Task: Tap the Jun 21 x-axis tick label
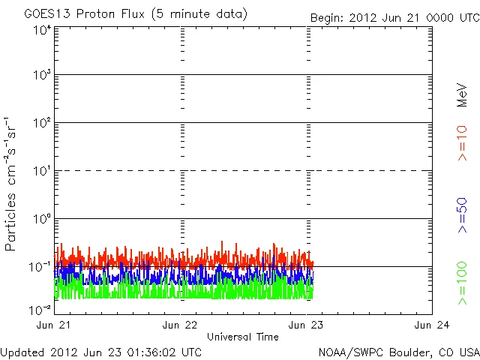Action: [x=55, y=325]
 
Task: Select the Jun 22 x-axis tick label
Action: [x=181, y=325]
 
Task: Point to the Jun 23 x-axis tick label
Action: [x=307, y=325]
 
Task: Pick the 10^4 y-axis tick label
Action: [x=41, y=30]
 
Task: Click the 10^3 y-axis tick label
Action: [x=41, y=76]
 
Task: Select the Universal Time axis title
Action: [x=243, y=337]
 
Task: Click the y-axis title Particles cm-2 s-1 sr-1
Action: [x=12, y=184]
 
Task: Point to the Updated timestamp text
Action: [x=101, y=352]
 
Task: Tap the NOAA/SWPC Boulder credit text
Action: [x=398, y=352]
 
